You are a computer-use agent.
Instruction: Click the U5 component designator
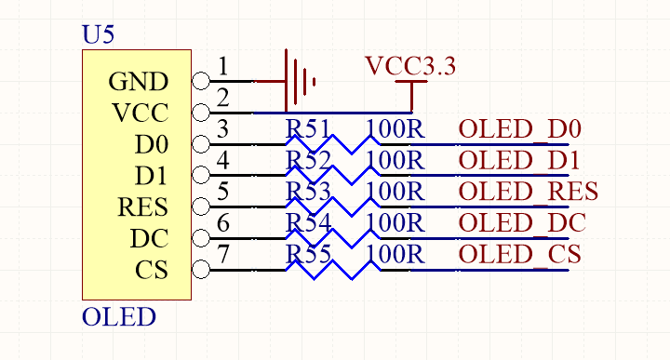coord(98,34)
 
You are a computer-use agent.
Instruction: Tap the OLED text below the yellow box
coord(119,317)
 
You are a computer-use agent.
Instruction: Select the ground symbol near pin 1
coord(300,81)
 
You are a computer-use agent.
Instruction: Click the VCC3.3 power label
coord(410,66)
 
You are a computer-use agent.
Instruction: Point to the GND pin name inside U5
coord(139,81)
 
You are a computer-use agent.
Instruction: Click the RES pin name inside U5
coord(142,207)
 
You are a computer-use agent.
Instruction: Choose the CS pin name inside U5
coord(152,270)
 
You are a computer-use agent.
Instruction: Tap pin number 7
coord(223,254)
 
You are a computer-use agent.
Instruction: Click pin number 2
coord(223,98)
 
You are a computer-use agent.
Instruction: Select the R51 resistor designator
coord(308,129)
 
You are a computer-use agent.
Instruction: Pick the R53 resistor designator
coord(308,192)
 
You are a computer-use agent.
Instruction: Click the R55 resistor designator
coord(308,255)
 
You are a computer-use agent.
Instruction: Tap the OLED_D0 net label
coord(519,129)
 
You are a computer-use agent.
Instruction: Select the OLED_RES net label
coord(529,192)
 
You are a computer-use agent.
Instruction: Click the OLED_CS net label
coord(519,255)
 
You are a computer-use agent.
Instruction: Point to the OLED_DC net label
coord(522,223)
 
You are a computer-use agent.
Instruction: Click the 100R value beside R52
coord(395,161)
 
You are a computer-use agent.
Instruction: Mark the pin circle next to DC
coord(201,238)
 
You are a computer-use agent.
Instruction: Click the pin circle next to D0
coord(201,144)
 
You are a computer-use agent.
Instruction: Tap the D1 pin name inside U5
coord(152,176)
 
